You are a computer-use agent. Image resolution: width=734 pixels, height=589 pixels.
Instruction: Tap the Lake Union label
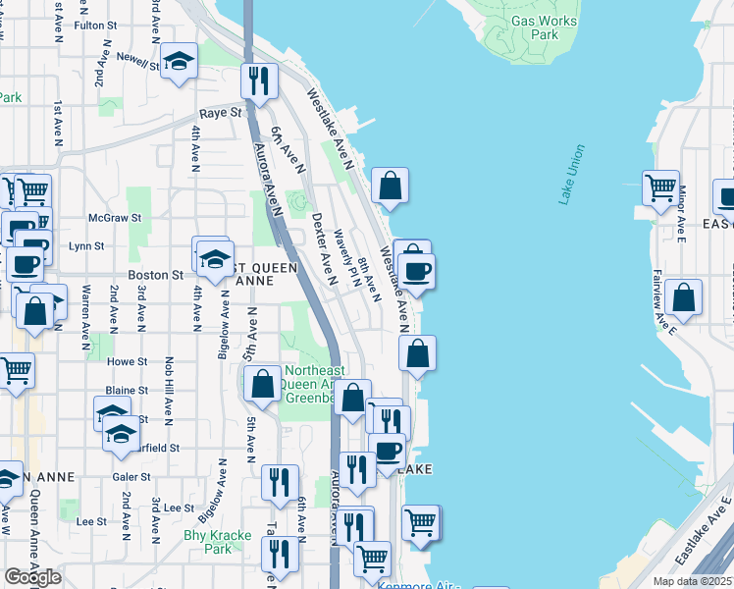571,175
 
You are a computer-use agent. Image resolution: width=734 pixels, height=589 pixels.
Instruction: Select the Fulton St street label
95,26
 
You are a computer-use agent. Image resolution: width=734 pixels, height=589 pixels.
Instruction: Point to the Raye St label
221,113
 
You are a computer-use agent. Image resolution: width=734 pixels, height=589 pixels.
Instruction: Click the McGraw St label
115,217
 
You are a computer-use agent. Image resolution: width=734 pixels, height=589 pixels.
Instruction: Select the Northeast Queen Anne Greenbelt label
314,385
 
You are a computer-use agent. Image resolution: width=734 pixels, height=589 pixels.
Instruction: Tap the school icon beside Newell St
179,63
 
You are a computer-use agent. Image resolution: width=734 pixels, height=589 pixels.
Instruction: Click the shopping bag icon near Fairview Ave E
683,298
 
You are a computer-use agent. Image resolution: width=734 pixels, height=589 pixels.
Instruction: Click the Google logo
31,577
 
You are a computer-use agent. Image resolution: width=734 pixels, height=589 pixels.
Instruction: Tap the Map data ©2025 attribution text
693,581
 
